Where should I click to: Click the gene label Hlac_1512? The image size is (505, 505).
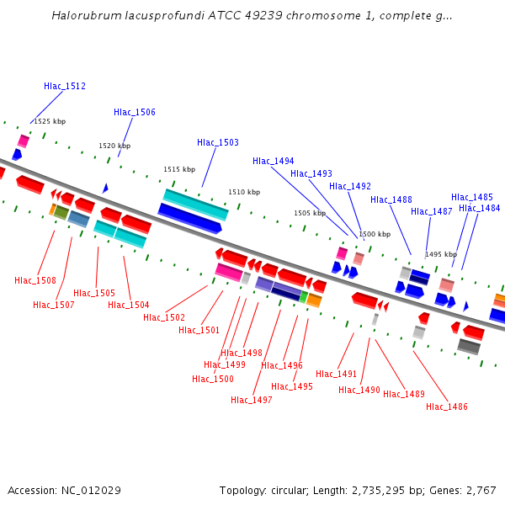[x=65, y=86]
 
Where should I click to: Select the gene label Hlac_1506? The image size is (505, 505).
[x=135, y=112]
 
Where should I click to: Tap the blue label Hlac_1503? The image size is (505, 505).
[x=218, y=142]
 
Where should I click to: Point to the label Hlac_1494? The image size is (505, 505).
[x=274, y=161]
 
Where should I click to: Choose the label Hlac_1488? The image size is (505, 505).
[x=391, y=199]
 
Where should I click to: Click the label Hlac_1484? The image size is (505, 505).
[x=480, y=208]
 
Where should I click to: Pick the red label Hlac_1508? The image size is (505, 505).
[x=35, y=280]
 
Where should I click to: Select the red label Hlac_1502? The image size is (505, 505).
[x=164, y=317]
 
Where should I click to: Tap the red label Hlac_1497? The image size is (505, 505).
[x=252, y=400]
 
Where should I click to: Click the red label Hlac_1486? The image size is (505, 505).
[x=447, y=407]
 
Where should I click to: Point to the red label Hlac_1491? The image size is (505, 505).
[x=337, y=374]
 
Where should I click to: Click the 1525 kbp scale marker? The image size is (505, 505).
[x=50, y=121]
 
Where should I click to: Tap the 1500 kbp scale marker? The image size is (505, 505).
[x=375, y=234]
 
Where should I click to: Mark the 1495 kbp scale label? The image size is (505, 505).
[x=441, y=254]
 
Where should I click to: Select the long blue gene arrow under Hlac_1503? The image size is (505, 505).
[x=190, y=218]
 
